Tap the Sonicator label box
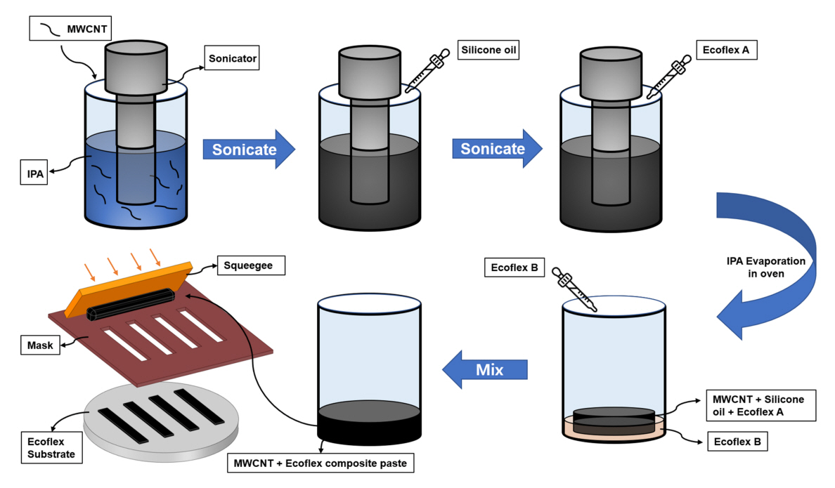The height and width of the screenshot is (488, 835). pyautogui.click(x=233, y=58)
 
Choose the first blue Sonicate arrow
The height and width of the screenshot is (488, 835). pyautogui.click(x=248, y=149)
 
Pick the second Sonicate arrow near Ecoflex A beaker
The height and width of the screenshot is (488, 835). pyautogui.click(x=497, y=149)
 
